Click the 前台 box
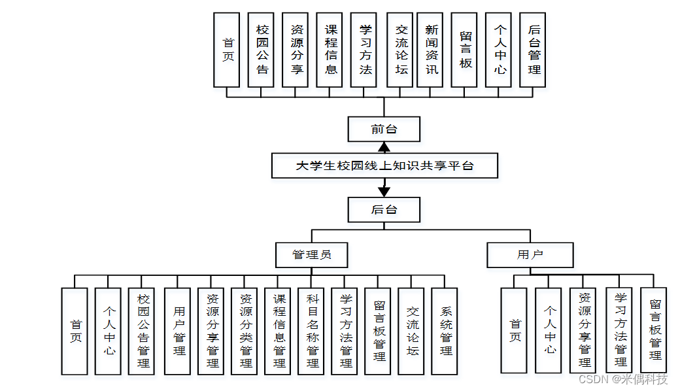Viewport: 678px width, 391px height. coord(384,129)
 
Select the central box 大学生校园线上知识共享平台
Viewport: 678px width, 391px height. coord(384,166)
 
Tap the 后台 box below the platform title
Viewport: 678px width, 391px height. coord(384,210)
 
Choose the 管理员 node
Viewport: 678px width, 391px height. coord(311,254)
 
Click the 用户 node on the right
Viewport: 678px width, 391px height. coord(530,254)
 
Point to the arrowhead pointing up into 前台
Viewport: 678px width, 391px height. coord(384,147)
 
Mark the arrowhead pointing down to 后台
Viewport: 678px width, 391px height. coord(384,191)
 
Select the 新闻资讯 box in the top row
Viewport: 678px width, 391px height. coord(432,50)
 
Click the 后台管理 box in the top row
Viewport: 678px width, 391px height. coord(534,50)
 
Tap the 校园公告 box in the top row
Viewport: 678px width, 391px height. coord(262,50)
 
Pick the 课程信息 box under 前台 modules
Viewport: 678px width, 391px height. coord(330,50)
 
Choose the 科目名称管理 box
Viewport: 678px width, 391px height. coord(312,331)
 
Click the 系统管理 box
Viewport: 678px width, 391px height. coord(445,331)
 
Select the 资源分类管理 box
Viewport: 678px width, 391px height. coord(245,331)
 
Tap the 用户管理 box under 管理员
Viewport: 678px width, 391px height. coord(178,331)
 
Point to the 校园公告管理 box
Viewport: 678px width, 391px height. coord(143,331)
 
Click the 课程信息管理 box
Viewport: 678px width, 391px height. coord(279,331)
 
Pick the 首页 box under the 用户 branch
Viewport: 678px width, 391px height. coord(515,330)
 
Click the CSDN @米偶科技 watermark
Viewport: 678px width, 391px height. coord(623,379)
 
